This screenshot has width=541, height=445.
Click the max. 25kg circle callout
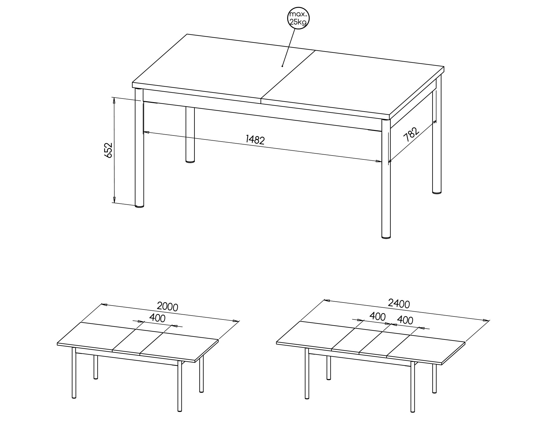pyautogui.click(x=299, y=18)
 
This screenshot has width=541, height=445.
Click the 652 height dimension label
pyautogui.click(x=108, y=150)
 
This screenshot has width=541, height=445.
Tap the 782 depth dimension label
pyautogui.click(x=411, y=134)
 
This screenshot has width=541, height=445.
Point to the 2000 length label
pyautogui.click(x=168, y=306)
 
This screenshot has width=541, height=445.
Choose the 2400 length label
pyautogui.click(x=399, y=303)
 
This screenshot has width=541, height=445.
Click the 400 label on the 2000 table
pyautogui.click(x=158, y=318)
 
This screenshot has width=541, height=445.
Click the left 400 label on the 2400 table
pyautogui.click(x=377, y=317)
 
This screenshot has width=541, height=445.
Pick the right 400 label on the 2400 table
pyautogui.click(x=405, y=320)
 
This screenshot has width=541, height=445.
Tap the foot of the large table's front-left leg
pyautogui.click(x=139, y=206)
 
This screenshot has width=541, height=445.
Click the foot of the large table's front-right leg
pyautogui.click(x=386, y=237)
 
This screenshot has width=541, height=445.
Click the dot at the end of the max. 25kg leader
pyautogui.click(x=282, y=66)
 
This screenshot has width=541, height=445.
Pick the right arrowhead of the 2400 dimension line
pyautogui.click(x=486, y=320)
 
